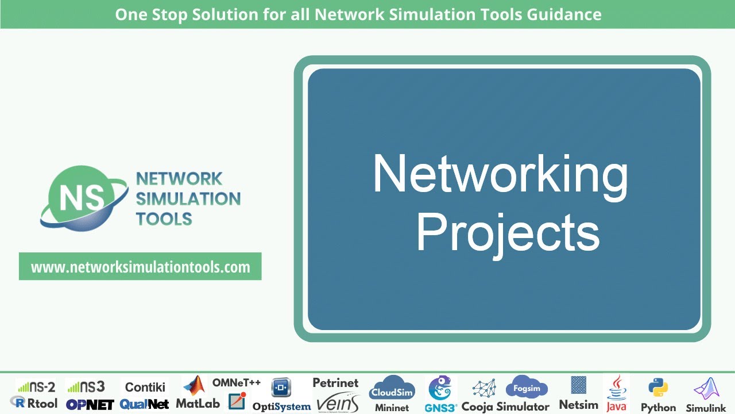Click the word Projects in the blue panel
click(x=508, y=233)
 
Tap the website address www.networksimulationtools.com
click(x=140, y=267)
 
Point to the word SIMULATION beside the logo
click(x=188, y=199)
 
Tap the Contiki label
click(x=145, y=387)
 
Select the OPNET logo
click(x=90, y=404)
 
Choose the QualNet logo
click(x=145, y=404)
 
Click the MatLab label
click(x=198, y=404)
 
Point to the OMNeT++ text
click(x=237, y=383)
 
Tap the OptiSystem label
click(x=281, y=407)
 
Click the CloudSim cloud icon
click(x=392, y=389)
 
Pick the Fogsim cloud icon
click(x=527, y=388)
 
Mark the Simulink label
click(x=706, y=408)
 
